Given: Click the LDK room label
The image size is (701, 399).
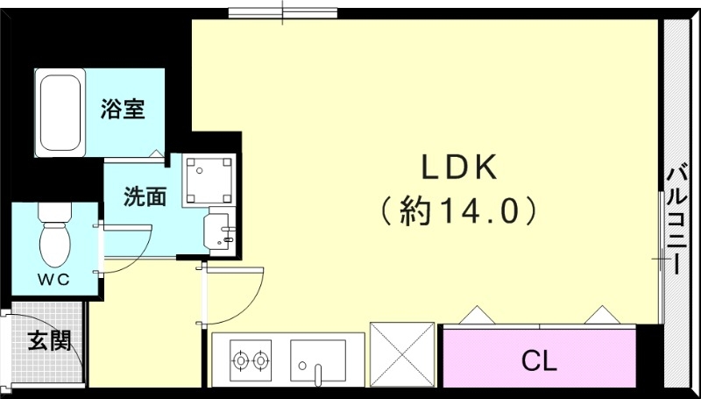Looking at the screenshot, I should point(461,167).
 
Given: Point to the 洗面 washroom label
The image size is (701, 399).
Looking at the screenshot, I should point(145,196).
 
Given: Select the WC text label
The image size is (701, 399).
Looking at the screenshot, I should point(54,278).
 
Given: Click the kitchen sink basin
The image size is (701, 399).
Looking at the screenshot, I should point(318,360).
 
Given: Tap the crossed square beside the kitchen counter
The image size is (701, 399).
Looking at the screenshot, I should point(402,353).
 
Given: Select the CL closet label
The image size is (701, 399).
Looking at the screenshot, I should point(539,360).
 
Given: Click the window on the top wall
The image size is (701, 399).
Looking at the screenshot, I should point(283,12).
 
